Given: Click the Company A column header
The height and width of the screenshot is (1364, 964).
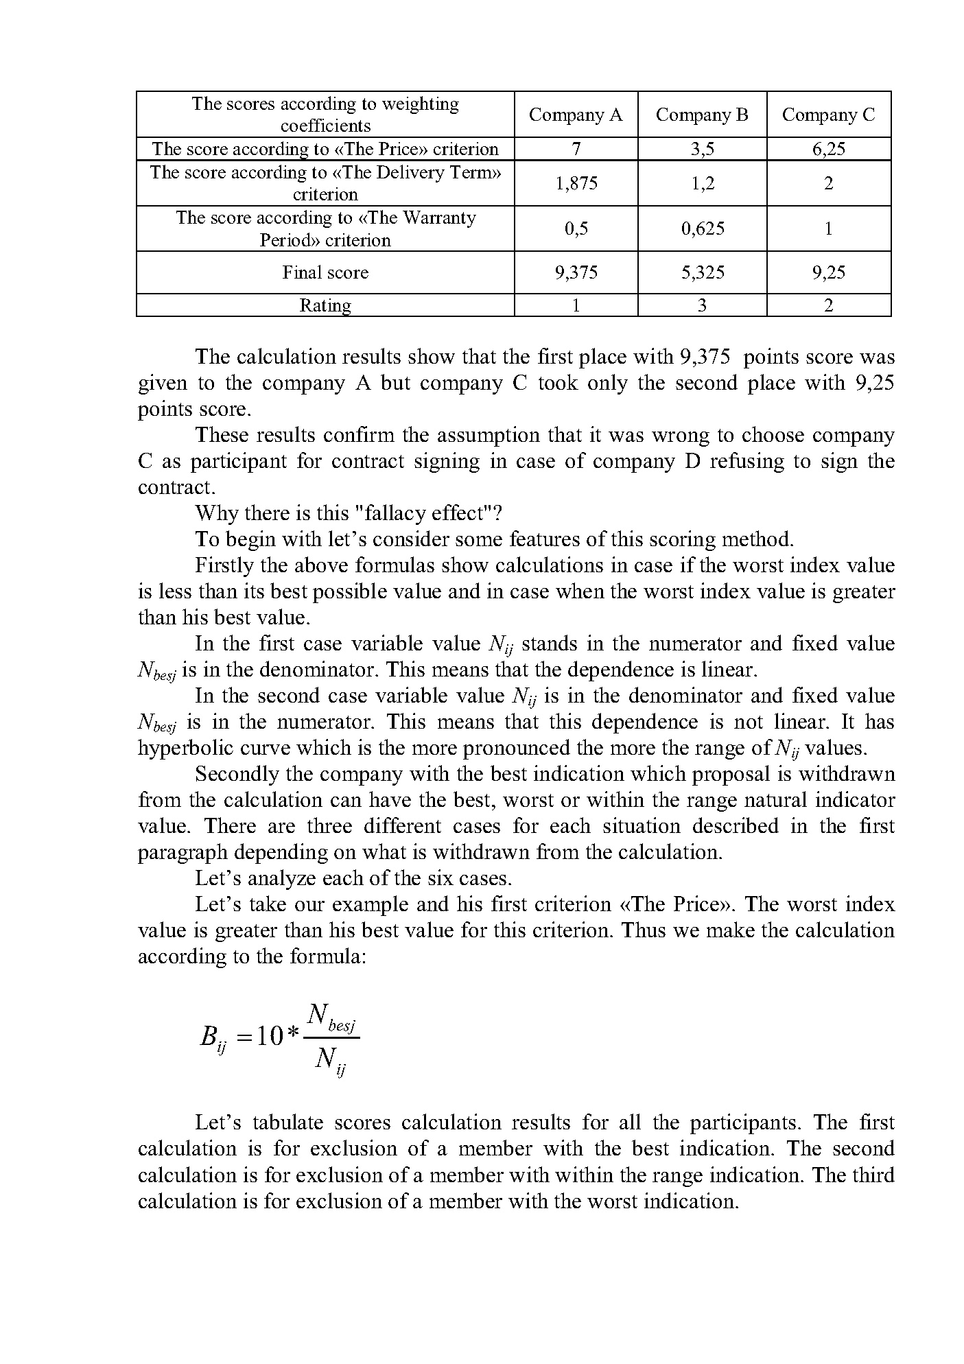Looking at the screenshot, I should [576, 115].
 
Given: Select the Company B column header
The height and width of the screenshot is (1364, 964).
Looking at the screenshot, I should [702, 115].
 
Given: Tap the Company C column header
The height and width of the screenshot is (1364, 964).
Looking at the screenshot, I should [828, 115].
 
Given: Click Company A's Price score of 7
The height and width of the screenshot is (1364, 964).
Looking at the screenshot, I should [576, 149].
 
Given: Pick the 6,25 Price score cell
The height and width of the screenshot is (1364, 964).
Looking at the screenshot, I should [828, 149].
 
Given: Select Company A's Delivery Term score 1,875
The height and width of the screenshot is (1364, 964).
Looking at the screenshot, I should [576, 183].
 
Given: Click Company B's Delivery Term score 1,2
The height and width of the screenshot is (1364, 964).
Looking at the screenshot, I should [702, 183].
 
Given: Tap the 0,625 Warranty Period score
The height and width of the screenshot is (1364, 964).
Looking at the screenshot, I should [702, 228].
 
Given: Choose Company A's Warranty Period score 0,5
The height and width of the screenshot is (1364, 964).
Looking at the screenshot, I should [576, 228].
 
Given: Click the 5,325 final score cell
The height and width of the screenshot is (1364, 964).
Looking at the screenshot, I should [702, 272].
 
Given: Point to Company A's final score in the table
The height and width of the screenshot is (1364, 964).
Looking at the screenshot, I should [576, 272].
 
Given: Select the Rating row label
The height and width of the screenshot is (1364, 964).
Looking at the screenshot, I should [325, 305].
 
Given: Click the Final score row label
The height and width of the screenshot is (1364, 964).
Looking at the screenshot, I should [325, 272].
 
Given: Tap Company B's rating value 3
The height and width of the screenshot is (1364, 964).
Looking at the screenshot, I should [702, 305].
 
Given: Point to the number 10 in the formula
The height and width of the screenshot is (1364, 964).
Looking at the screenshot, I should [269, 1036].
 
